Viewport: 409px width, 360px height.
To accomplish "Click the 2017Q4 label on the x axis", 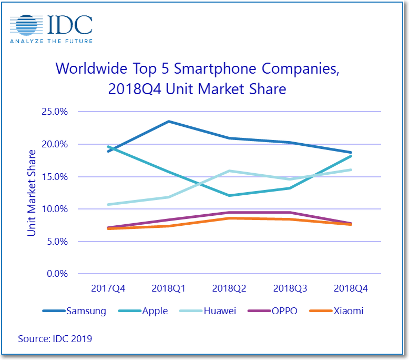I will tap(108, 288).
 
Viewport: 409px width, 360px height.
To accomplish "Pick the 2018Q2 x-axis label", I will tap(229, 288).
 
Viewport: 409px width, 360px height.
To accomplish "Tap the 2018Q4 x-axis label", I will tap(350, 288).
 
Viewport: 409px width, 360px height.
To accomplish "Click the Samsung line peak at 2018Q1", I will tap(169, 122).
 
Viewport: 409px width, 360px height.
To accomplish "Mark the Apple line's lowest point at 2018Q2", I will tap(229, 195).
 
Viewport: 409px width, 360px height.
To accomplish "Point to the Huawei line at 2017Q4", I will tap(108, 204).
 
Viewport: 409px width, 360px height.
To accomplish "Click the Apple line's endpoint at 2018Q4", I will tap(350, 156).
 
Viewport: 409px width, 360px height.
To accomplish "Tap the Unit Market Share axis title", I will tap(32, 193).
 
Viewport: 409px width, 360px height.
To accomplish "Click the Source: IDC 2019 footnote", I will tap(55, 338).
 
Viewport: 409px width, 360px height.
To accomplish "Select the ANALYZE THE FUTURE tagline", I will tap(51, 41).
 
